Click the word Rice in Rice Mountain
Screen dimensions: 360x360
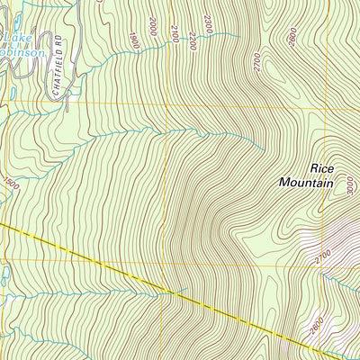click(321, 167)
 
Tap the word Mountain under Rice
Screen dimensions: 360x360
click(306, 182)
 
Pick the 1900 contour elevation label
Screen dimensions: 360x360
click(134, 40)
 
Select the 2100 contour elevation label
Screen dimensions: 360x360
click(173, 33)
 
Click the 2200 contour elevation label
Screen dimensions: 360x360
click(191, 40)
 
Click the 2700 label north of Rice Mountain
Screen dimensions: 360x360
click(256, 64)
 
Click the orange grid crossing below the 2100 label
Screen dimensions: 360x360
click(166, 104)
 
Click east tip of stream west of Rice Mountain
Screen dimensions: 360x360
click(264, 148)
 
